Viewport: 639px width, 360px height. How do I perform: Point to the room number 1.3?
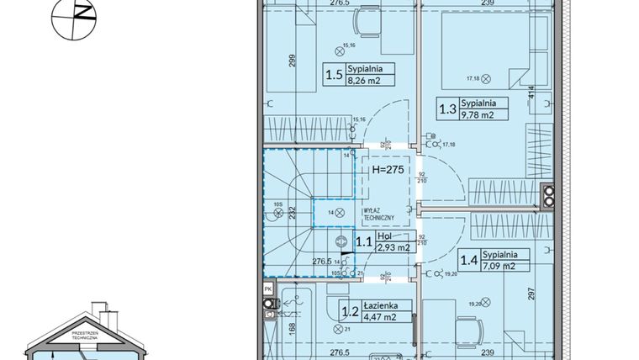tap(446, 109)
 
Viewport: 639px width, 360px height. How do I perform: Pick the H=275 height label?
tap(388, 169)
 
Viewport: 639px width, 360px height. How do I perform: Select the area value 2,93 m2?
tap(393, 248)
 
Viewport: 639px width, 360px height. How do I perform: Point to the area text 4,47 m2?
tap(380, 316)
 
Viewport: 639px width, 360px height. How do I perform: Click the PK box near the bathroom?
tap(267, 289)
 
